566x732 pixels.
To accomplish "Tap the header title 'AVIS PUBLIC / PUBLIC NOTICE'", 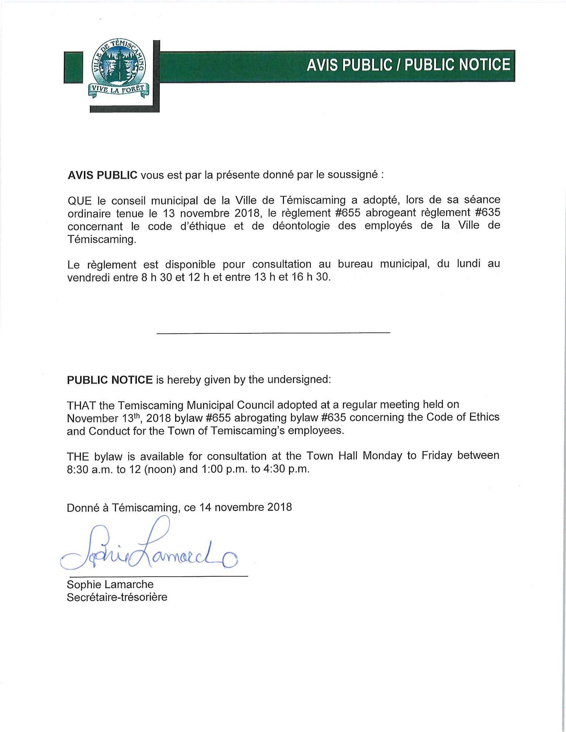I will pyautogui.click(x=408, y=65).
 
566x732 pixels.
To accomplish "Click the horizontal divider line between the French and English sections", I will pyautogui.click(x=273, y=332).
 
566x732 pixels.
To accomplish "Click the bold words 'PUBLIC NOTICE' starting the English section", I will pyautogui.click(x=110, y=379).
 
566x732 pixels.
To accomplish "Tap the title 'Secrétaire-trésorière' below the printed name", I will pyautogui.click(x=117, y=597).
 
